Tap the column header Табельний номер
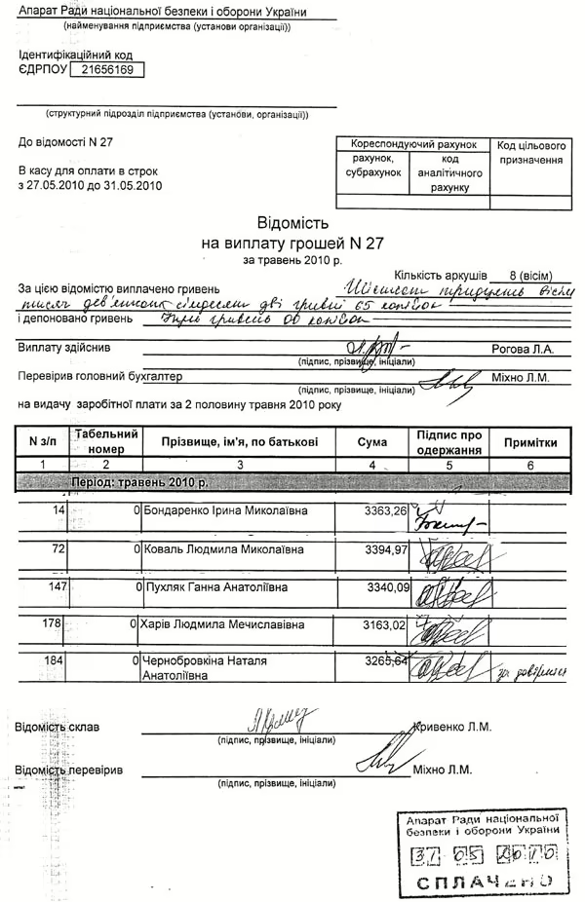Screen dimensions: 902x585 tap(106, 441)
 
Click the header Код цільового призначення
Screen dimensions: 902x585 tap(531, 151)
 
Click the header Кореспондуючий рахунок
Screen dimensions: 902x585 tap(413, 142)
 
